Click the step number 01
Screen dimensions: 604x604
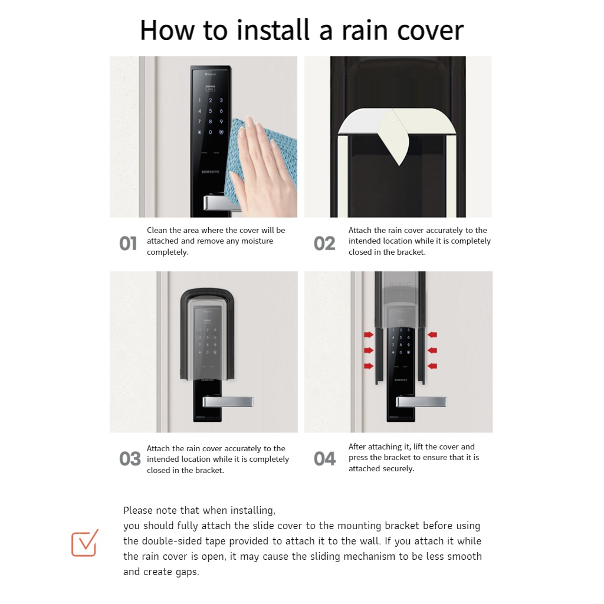(x=128, y=244)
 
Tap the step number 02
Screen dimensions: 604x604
(x=324, y=244)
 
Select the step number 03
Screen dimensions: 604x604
(x=130, y=458)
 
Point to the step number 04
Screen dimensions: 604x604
(x=325, y=458)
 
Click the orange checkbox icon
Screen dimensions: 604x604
(x=85, y=543)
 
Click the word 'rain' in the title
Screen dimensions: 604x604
(x=364, y=31)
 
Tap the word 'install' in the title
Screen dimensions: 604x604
(x=273, y=30)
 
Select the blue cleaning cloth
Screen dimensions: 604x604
(x=266, y=154)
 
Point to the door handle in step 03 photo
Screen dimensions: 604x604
(x=228, y=402)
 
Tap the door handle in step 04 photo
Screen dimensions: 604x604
(x=421, y=402)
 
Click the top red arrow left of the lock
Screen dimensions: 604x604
(x=369, y=335)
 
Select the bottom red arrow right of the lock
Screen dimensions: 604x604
(x=432, y=366)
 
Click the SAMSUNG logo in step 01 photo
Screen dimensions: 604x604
(x=211, y=172)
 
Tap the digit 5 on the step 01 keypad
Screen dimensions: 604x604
(x=211, y=111)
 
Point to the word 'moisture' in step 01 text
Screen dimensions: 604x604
(x=257, y=241)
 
